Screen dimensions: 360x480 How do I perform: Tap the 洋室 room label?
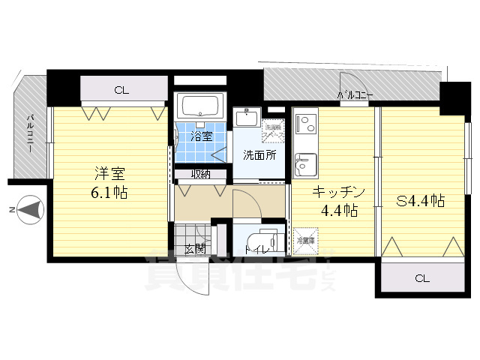tap(109, 173)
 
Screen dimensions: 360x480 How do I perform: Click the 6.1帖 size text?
tap(109, 192)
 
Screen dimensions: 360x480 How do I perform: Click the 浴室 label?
tap(200, 136)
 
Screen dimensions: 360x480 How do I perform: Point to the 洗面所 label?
tap(258, 155)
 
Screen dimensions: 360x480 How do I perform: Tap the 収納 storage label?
tap(200, 175)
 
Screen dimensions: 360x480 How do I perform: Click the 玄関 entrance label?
tap(195, 248)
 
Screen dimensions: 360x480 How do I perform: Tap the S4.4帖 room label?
tap(421, 201)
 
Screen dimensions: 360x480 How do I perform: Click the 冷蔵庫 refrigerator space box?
tap(305, 242)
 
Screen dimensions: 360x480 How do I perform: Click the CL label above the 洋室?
tap(121, 91)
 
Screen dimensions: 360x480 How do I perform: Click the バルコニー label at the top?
tap(355, 95)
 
